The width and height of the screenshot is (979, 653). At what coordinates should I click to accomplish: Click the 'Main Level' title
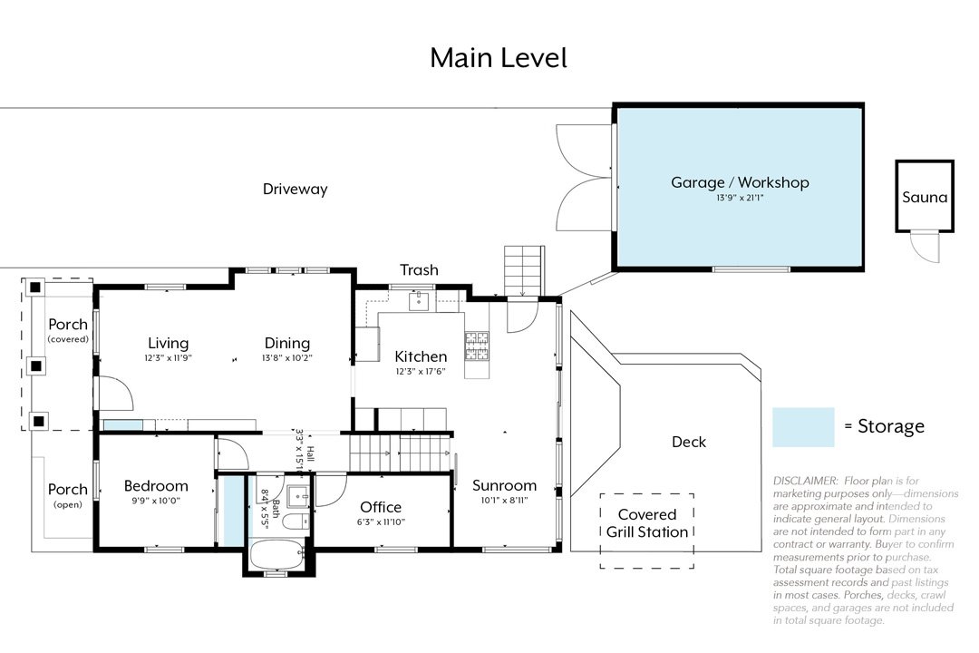click(498, 58)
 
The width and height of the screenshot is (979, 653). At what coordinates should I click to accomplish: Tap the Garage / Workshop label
click(740, 182)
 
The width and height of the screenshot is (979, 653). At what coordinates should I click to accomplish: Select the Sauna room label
click(925, 197)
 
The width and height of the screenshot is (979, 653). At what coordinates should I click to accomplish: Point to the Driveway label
click(295, 190)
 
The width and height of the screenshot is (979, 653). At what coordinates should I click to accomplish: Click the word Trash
click(419, 269)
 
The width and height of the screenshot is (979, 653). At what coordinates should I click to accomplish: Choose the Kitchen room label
click(421, 356)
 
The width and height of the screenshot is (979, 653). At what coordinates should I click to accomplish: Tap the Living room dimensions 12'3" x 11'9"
click(169, 358)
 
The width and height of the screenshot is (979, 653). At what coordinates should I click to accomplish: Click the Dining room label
click(287, 343)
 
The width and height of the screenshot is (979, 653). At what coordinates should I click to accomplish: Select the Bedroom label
click(156, 485)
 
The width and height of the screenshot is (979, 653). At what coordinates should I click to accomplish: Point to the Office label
click(381, 507)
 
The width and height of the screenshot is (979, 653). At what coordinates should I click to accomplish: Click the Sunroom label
click(504, 485)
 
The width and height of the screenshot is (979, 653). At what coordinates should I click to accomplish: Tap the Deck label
click(689, 442)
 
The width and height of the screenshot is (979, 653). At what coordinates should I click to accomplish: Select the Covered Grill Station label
click(647, 523)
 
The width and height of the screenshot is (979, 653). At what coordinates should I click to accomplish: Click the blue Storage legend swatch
click(803, 426)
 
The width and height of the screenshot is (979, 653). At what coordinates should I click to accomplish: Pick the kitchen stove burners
click(477, 343)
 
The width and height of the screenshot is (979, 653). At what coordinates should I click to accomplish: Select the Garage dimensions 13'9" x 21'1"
click(740, 197)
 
